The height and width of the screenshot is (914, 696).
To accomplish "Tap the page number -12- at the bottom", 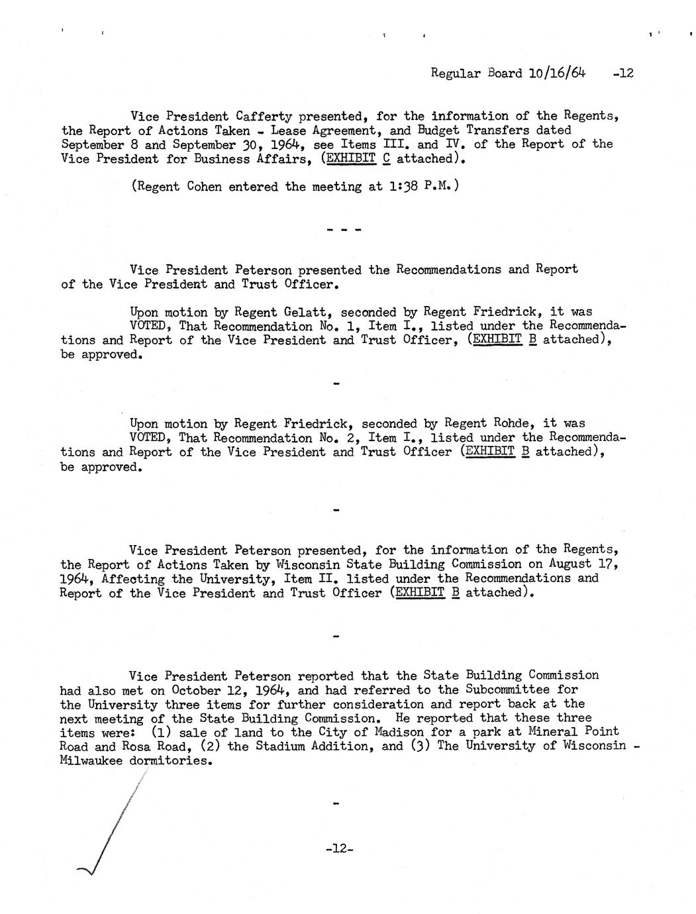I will (x=340, y=848).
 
